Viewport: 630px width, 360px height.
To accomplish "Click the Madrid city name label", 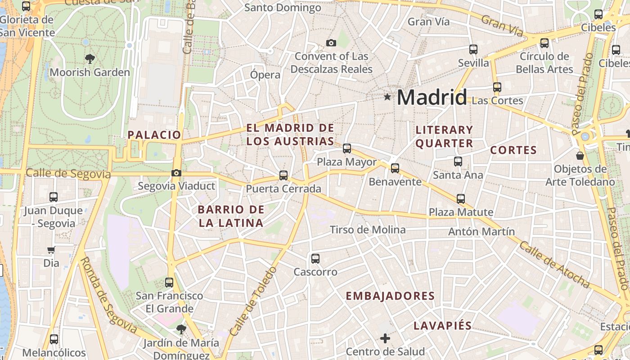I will tap(432, 97).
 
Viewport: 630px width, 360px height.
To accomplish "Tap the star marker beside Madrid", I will tap(387, 97).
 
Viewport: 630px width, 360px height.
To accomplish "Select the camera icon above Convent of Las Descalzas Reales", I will tap(331, 43).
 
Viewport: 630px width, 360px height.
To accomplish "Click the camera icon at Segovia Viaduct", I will tap(176, 173).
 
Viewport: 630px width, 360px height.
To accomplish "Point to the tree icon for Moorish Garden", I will tap(90, 58).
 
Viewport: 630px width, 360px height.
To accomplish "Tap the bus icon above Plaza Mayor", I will tap(347, 148).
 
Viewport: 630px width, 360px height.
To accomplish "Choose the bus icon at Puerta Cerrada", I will tap(283, 175).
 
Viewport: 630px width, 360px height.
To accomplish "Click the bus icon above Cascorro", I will tap(315, 258).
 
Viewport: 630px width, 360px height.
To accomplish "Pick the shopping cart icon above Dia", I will tap(51, 250).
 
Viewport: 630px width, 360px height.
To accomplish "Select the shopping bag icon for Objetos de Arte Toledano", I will tap(580, 156).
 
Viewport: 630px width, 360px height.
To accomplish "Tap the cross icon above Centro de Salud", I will tap(385, 338).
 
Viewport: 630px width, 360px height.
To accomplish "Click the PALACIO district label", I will tap(154, 135).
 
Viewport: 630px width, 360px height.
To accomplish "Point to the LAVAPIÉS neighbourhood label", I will tap(443, 326).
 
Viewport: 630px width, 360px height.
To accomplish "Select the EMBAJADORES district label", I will tap(390, 296).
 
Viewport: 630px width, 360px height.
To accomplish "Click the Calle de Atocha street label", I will tap(554, 265).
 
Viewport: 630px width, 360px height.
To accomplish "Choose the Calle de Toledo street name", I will tap(253, 301).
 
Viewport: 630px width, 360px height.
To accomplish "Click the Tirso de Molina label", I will tap(368, 230).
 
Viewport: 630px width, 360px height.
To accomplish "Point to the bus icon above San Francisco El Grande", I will tap(169, 282).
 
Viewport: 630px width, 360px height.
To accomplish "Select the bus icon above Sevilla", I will tap(473, 49).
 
